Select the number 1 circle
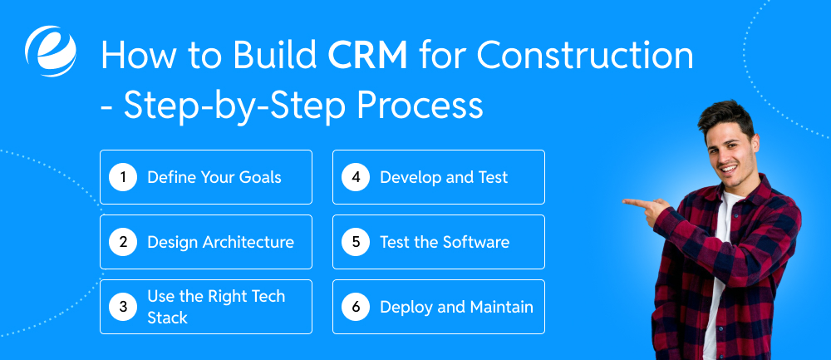(122, 177)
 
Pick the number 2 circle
(122, 242)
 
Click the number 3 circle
(122, 307)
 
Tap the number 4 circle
(355, 177)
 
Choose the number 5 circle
(355, 242)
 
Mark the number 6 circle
(355, 307)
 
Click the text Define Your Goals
(214, 177)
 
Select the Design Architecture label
(220, 242)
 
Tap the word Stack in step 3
(167, 318)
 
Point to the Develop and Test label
(444, 177)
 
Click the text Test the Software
(445, 242)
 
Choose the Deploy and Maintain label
(456, 307)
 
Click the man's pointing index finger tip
(626, 202)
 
